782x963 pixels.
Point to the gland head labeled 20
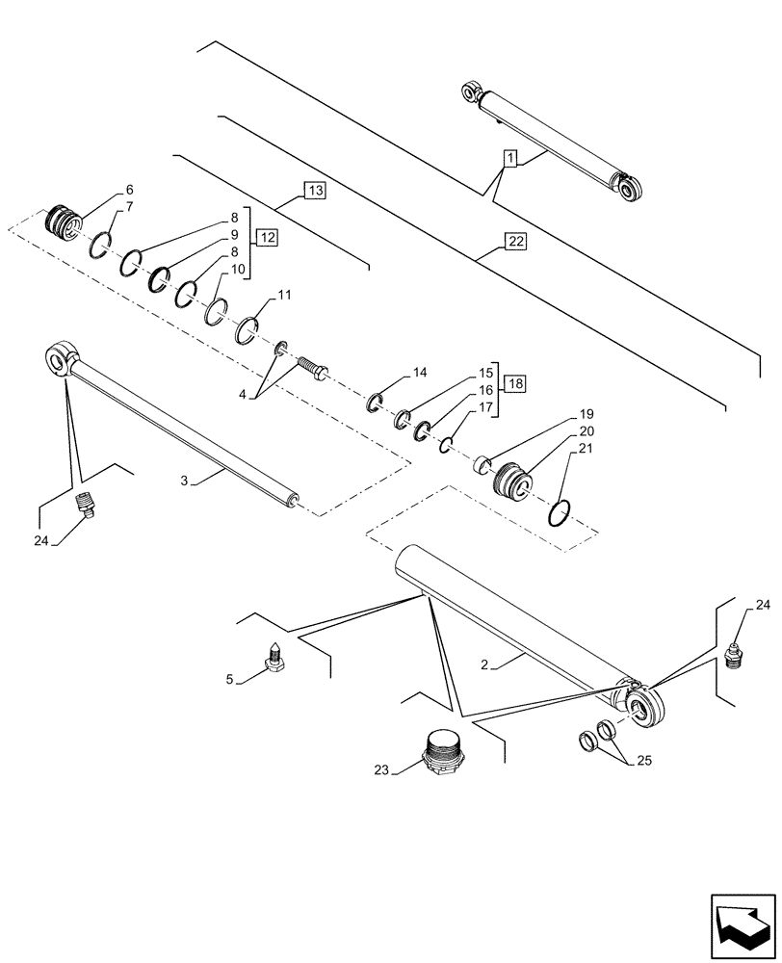pos(510,479)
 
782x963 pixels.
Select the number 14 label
pos(420,372)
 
